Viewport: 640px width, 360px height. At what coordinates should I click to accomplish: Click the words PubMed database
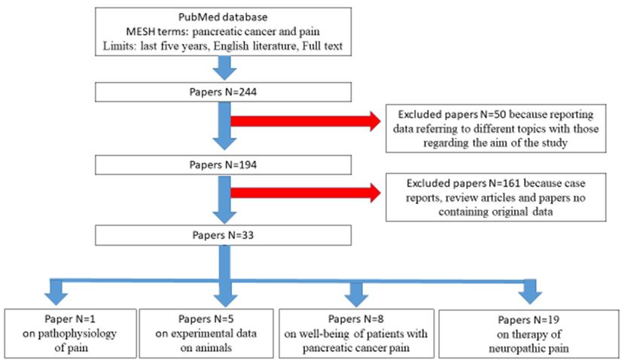223,17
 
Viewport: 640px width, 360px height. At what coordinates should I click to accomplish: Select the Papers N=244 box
223,92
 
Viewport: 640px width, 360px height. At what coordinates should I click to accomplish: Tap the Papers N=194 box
223,165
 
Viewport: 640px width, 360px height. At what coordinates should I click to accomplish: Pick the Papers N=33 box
223,236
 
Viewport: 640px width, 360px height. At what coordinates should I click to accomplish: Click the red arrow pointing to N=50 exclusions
306,121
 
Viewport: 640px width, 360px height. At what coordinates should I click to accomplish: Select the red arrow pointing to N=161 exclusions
306,192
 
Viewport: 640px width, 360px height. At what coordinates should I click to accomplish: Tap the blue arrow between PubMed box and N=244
224,69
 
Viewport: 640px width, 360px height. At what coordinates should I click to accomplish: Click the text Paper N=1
70,319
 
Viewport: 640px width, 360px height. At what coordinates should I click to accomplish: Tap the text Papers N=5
206,319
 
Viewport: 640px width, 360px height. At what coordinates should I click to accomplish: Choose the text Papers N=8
356,319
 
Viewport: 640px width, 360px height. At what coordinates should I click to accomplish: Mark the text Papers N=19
529,320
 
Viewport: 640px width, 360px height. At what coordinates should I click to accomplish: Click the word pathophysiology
77,334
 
